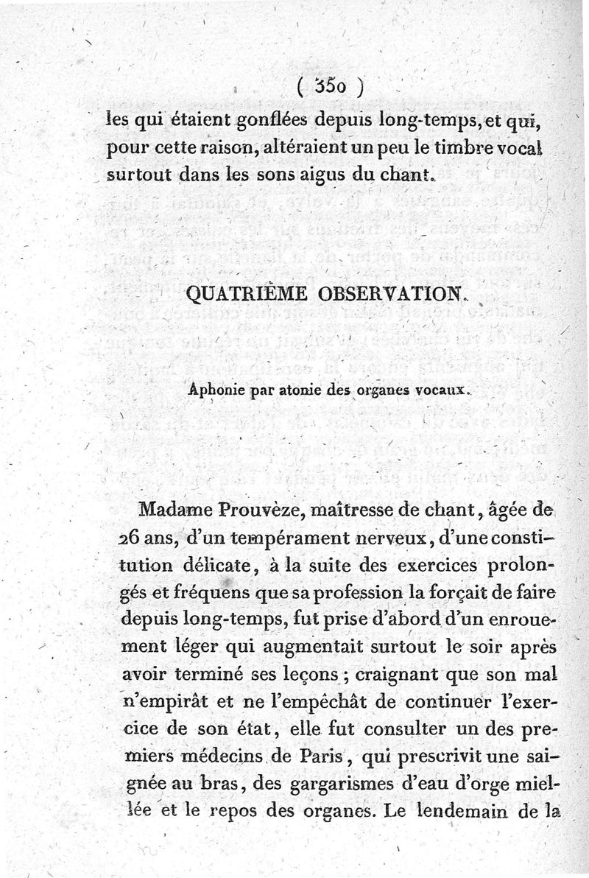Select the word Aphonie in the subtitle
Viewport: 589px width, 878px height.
pos(213,392)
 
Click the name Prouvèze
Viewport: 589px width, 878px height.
pos(255,508)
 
